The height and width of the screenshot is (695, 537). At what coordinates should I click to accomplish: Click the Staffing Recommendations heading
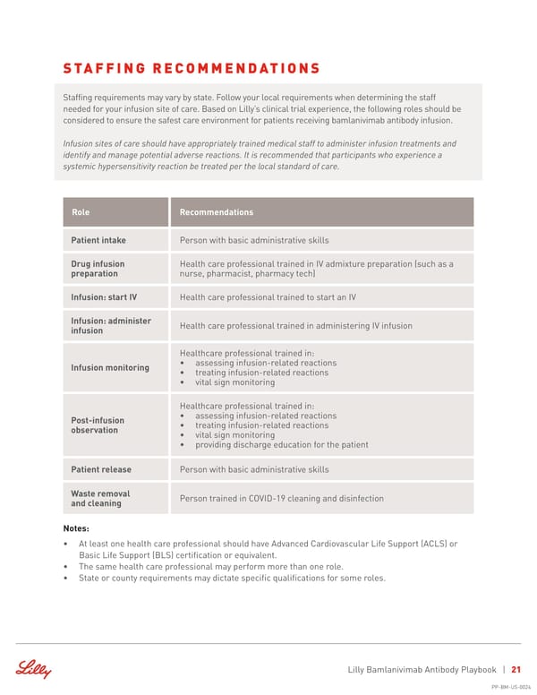[x=192, y=68]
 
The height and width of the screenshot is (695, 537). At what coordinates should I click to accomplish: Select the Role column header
[x=81, y=212]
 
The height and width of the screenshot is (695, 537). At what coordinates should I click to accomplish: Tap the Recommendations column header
[x=216, y=212]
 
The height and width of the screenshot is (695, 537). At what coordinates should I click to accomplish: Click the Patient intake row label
[x=98, y=240]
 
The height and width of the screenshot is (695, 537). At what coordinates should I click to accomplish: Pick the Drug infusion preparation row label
[x=98, y=269]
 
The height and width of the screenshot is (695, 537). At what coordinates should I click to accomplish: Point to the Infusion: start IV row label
[x=104, y=297]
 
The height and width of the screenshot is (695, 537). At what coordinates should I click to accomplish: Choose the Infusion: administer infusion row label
[x=111, y=326]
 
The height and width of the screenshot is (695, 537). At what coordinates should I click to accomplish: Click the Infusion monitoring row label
[x=110, y=368]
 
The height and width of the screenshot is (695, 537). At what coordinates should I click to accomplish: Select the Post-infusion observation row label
[x=98, y=425]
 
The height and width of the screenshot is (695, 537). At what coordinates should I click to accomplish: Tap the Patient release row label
[x=101, y=469]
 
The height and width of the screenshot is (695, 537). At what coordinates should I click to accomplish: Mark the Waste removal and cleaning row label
[x=100, y=498]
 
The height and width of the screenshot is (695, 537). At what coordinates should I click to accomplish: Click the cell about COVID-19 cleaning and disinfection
[x=281, y=498]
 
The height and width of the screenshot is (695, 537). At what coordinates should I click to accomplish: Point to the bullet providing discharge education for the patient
[x=281, y=445]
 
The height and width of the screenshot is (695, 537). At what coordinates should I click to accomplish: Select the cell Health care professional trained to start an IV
[x=268, y=297]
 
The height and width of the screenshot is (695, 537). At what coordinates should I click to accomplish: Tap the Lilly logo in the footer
[x=34, y=669]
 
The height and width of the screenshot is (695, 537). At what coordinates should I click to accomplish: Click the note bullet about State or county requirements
[x=232, y=578]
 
